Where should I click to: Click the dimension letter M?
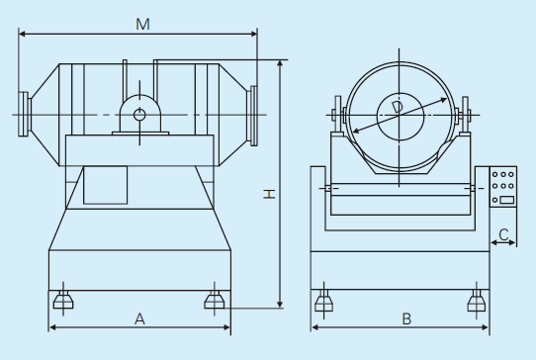pyautogui.click(x=142, y=25)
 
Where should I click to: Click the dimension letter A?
pyautogui.click(x=139, y=319)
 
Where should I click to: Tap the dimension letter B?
pyautogui.click(x=406, y=319)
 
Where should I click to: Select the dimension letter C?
pyautogui.click(x=503, y=234)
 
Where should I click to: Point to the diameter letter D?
pyautogui.click(x=398, y=107)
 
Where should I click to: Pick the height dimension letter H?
pyautogui.click(x=269, y=194)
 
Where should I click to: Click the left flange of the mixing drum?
pyautogui.click(x=24, y=114)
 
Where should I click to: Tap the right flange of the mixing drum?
pyautogui.click(x=252, y=116)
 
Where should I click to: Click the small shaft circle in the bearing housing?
pyautogui.click(x=139, y=115)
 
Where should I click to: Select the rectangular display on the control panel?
pyautogui.click(x=507, y=200)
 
